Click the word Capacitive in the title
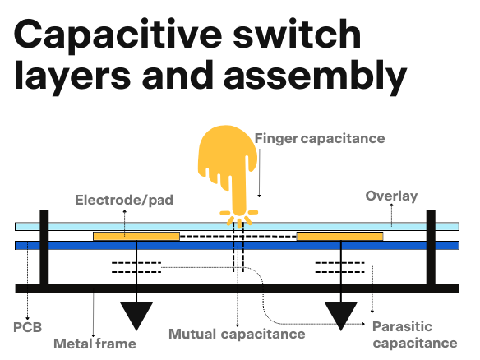(x=118, y=36)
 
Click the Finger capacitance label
(x=320, y=138)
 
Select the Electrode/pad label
(x=124, y=201)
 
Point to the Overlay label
(x=391, y=196)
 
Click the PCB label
(x=28, y=327)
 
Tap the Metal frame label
(x=95, y=344)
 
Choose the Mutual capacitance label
(x=237, y=334)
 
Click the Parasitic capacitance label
(x=415, y=335)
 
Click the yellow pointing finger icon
(x=228, y=172)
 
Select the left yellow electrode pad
(x=136, y=237)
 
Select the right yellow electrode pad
(x=339, y=237)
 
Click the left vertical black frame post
(x=44, y=247)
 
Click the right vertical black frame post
(x=431, y=247)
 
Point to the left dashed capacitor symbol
(x=136, y=267)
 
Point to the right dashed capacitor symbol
(x=339, y=267)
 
